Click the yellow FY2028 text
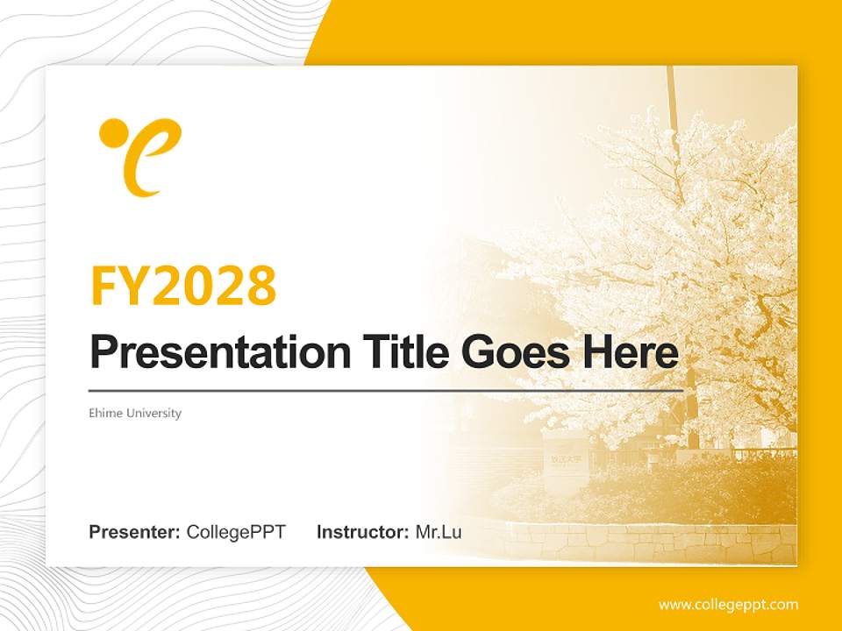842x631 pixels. (x=183, y=285)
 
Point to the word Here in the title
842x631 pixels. (x=631, y=352)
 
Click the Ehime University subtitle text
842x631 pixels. (x=134, y=413)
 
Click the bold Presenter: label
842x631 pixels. (x=135, y=532)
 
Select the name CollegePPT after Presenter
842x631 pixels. (x=236, y=532)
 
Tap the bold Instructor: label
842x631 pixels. (x=362, y=532)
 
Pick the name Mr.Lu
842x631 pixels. (x=438, y=532)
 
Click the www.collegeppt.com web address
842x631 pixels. (x=728, y=605)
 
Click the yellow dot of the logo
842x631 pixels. (x=112, y=133)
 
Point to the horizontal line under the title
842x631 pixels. (x=386, y=390)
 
